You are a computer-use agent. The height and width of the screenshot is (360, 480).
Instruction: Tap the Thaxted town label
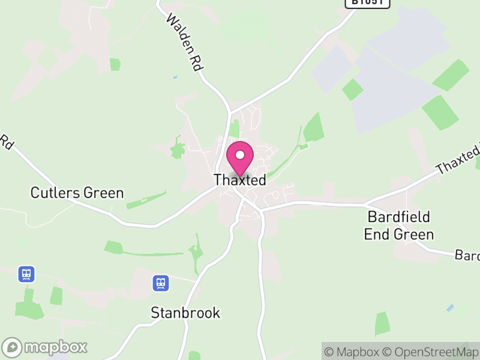(x=240, y=180)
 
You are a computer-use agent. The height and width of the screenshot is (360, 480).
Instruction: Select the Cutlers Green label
(x=77, y=193)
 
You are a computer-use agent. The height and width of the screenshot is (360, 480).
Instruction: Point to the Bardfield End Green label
(x=399, y=225)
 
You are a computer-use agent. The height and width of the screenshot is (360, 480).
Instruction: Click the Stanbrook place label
(x=185, y=313)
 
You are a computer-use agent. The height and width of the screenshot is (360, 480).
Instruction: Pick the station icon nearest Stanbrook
(x=160, y=283)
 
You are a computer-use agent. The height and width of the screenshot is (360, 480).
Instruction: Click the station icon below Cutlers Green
(x=26, y=274)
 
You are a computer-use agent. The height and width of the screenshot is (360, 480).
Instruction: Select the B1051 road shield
(x=367, y=2)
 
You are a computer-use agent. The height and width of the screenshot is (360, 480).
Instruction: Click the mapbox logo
(x=46, y=347)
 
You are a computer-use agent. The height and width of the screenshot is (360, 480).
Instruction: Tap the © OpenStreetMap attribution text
(x=431, y=352)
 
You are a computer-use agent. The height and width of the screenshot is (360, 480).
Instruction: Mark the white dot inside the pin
(x=240, y=155)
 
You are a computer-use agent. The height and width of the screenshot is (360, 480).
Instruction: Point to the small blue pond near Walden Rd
(x=175, y=77)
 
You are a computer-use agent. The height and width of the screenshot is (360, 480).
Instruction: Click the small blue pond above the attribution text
(x=450, y=308)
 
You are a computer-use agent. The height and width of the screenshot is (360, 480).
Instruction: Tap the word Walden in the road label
(x=178, y=33)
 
